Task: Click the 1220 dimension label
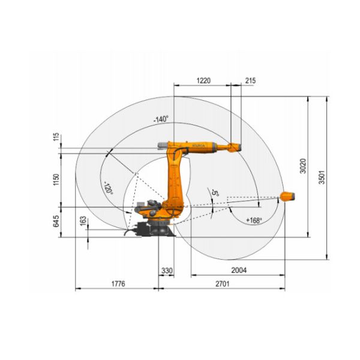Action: point(203,80)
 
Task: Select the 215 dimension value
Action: point(250,80)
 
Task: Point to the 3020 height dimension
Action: point(303,166)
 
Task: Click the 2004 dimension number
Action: point(239,270)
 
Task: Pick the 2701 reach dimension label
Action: point(222,284)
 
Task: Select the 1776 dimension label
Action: point(118,284)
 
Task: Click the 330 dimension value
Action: point(167,271)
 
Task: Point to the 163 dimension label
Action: point(83,221)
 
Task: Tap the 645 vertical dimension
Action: point(56,221)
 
